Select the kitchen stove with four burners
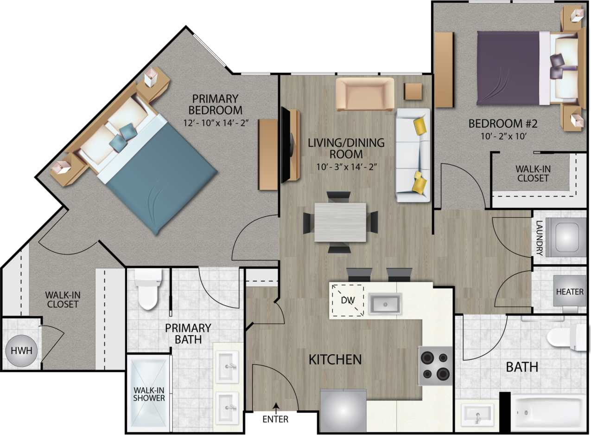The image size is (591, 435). click(x=435, y=365)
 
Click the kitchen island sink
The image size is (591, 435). click(x=385, y=304)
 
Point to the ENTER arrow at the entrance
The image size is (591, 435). click(x=276, y=409)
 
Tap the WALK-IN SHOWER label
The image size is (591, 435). click(x=149, y=394)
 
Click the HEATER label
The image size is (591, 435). click(x=570, y=292)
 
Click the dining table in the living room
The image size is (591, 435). click(x=340, y=222)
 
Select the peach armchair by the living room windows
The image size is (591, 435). click(x=365, y=94)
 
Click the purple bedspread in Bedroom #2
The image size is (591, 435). click(x=508, y=68)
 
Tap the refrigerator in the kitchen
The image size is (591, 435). click(x=343, y=410)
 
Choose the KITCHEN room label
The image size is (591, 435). click(x=335, y=359)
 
